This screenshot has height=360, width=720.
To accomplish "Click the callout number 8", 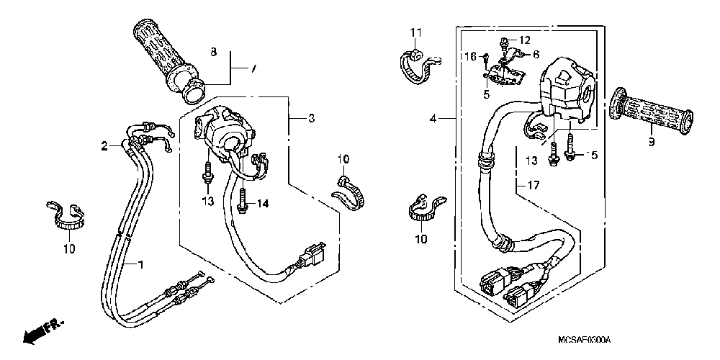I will [213, 52].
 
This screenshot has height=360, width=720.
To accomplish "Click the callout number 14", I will [263, 204].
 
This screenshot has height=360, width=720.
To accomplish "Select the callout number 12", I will [524, 40].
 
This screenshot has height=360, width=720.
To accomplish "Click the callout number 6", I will [536, 54].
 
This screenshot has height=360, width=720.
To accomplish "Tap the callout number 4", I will [433, 118].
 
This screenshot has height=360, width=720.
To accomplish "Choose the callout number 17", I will [532, 186].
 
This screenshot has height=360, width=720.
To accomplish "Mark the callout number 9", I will [651, 142].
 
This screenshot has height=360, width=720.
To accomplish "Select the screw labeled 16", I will [486, 58].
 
